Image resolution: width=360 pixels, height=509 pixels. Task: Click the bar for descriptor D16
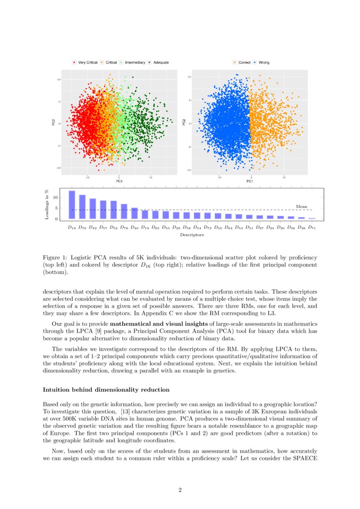point(72,205)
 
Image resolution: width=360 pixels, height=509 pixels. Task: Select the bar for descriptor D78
point(124,211)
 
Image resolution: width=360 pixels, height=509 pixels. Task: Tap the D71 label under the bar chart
point(312,228)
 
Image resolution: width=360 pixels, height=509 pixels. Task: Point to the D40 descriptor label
point(135,228)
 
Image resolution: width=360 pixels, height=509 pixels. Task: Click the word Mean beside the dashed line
point(301,207)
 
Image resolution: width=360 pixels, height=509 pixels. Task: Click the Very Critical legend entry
point(85,63)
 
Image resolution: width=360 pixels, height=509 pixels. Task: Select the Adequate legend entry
point(158,63)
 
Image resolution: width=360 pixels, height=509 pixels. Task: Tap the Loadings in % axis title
point(47,204)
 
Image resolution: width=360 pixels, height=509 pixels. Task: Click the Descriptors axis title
point(192,235)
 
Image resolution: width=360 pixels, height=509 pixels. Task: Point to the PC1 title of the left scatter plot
point(118,181)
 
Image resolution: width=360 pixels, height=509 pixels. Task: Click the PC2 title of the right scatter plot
point(184,123)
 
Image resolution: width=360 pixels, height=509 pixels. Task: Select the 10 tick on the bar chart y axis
point(55,198)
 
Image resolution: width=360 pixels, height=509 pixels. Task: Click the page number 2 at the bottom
point(180,490)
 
